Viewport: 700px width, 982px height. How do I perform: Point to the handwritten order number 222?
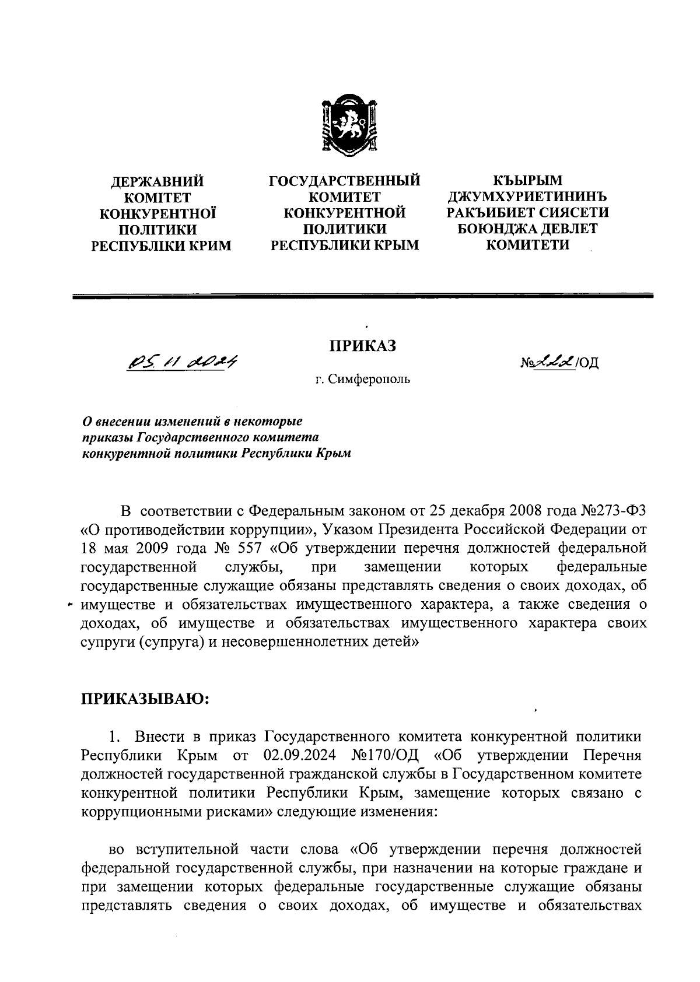(x=556, y=362)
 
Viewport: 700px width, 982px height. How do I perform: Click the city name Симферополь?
(x=369, y=380)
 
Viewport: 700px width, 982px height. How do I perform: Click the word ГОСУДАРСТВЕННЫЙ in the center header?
(x=344, y=180)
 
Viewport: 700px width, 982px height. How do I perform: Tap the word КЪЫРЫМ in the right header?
(x=527, y=180)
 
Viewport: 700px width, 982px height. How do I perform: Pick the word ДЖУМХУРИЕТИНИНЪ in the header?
(x=527, y=197)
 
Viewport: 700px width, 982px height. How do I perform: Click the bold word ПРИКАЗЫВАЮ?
(x=144, y=699)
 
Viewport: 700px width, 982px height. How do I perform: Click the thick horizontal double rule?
(x=362, y=297)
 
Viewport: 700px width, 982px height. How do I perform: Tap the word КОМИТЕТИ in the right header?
(x=527, y=245)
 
